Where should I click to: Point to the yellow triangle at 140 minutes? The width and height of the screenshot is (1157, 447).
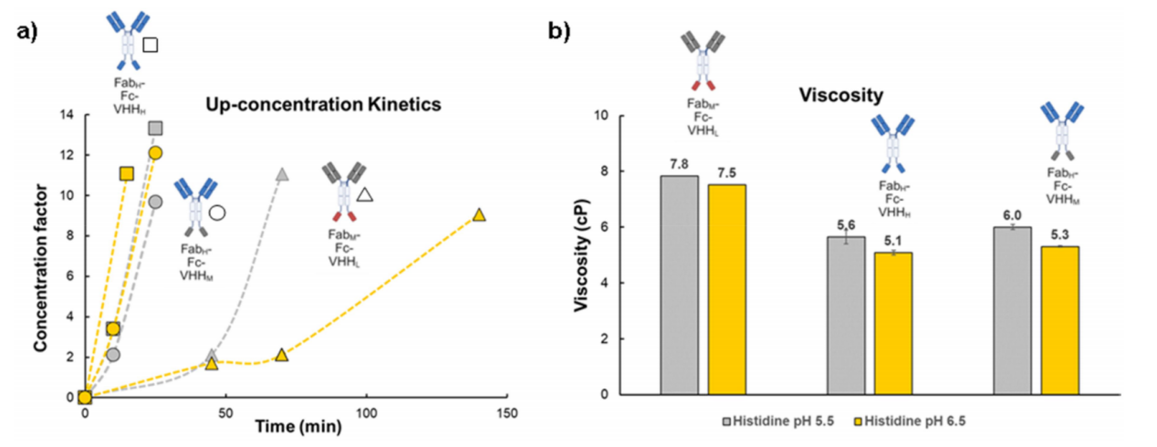tap(479, 215)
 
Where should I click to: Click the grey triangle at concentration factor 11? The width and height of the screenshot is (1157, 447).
tap(282, 174)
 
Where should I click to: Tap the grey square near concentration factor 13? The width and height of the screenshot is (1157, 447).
tap(155, 128)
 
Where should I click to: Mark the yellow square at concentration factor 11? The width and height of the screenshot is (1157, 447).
tap(127, 173)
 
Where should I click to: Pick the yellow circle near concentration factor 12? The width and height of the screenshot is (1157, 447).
tap(155, 152)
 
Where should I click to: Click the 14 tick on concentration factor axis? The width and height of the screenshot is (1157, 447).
tap(67, 115)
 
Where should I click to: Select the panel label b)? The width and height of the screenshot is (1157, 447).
tap(558, 29)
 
